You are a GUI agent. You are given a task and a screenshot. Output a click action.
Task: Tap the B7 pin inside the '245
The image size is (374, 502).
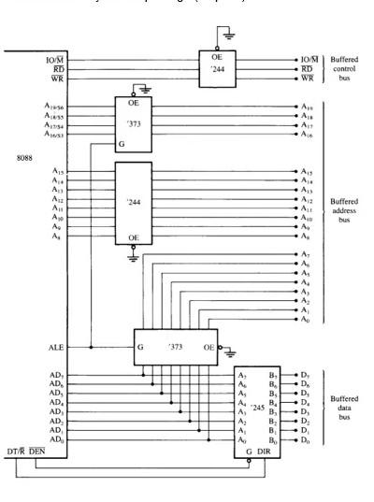coord(271,374)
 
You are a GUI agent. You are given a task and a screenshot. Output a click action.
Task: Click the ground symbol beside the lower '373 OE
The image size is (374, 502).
coord(223,347)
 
